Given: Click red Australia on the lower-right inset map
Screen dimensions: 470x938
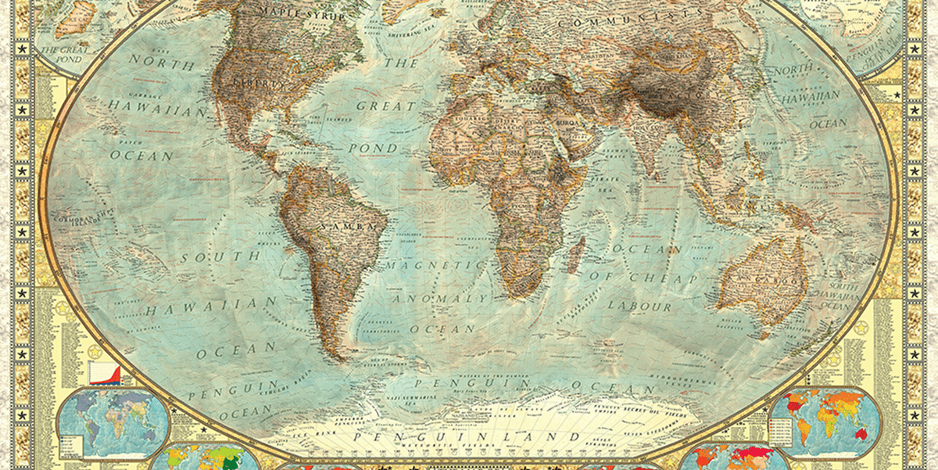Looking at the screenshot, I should pyautogui.click(x=861, y=432).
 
